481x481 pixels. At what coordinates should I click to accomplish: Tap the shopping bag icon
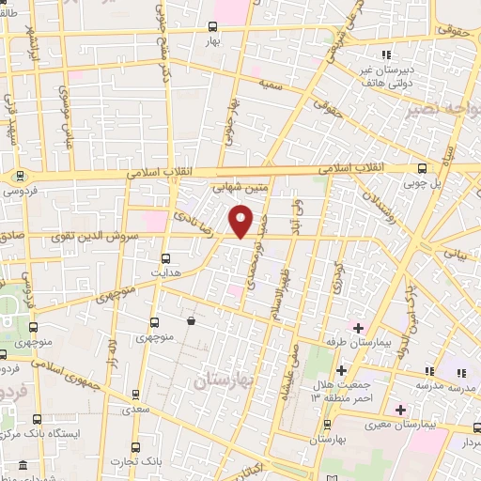pos(192,321)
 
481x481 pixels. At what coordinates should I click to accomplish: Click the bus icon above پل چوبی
pos(420,170)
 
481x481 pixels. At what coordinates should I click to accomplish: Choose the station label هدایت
pos(166,272)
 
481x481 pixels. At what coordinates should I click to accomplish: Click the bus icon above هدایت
pos(166,257)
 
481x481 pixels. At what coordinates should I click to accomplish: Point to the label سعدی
pos(136,411)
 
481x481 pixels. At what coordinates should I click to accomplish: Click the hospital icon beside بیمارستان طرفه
pos(357,327)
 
